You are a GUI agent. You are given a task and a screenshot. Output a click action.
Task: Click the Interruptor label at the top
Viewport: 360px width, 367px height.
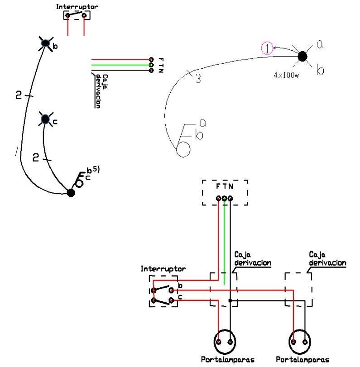click(77, 7)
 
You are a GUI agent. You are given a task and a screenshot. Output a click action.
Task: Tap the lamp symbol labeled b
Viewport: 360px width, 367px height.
click(46, 43)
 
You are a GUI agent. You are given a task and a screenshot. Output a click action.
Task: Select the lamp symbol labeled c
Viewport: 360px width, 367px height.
click(44, 119)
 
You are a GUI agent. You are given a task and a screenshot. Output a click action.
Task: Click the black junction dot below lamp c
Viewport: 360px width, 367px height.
click(71, 192)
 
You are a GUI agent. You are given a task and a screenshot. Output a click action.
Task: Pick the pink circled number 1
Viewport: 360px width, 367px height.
click(268, 48)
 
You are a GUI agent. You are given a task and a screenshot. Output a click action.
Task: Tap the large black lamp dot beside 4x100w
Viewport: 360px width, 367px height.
click(302, 56)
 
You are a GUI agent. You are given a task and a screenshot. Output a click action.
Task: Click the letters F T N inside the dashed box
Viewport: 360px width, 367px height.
click(225, 186)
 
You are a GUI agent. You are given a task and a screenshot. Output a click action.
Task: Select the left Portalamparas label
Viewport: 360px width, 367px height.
click(227, 360)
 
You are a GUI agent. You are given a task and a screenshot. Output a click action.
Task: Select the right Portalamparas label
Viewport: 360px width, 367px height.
click(302, 360)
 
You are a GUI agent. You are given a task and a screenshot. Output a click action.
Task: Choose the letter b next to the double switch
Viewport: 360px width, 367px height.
click(180, 286)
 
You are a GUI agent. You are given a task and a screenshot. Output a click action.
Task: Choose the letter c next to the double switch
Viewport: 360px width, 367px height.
click(180, 297)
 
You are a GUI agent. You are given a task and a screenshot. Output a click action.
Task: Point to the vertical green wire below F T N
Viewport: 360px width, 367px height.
click(225, 240)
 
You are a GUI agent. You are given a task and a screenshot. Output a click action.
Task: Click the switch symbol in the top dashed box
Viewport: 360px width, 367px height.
click(76, 15)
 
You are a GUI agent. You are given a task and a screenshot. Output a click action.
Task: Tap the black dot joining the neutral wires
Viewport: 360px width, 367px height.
click(230, 300)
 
